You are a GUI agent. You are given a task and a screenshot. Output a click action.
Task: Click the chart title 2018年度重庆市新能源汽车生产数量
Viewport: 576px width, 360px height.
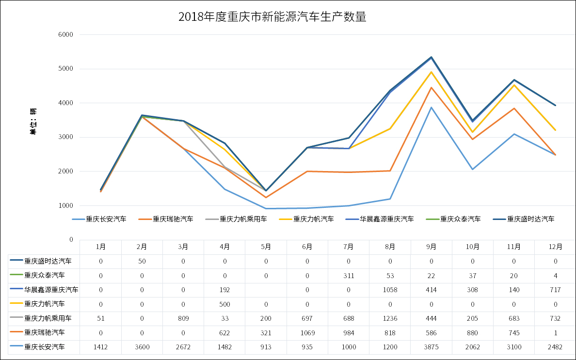point(272,17)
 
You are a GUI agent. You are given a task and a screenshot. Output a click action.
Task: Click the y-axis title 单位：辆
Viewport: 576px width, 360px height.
point(32,121)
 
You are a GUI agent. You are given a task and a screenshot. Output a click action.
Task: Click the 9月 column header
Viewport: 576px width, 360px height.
point(431,247)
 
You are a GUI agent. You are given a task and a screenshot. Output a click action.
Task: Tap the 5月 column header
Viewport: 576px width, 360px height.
point(266,247)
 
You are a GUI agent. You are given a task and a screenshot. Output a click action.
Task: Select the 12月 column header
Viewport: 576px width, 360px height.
point(555,247)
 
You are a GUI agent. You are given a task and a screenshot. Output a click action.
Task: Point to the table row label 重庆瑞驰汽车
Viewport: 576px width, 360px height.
point(44,332)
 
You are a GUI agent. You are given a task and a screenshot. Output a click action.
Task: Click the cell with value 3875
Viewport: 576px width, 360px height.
point(431,347)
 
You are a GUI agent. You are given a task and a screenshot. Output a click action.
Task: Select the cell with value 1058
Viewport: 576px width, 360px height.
point(390,290)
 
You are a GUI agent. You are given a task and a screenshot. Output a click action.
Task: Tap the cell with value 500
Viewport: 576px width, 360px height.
point(224,304)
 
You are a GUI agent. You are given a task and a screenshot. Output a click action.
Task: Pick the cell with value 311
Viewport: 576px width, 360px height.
point(349,276)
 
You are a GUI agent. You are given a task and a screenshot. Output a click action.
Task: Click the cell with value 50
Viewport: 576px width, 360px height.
point(142,261)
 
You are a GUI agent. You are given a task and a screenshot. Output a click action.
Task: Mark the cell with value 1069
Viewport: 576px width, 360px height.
point(307,332)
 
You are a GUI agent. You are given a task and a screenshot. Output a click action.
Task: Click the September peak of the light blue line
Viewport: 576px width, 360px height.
point(431,107)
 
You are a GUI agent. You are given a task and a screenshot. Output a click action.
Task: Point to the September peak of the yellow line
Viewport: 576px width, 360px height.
point(431,72)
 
